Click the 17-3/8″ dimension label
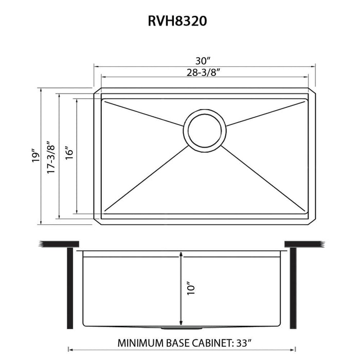pyautogui.click(x=50, y=156)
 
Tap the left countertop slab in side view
pyautogui.click(x=59, y=243)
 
